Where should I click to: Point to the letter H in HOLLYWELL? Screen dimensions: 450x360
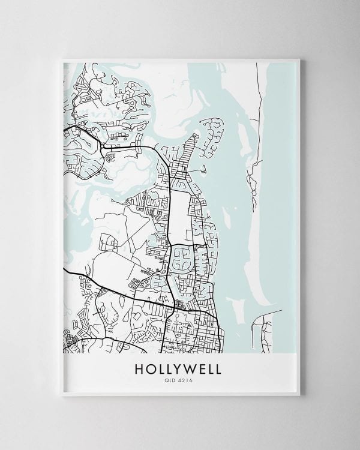tap(143, 368)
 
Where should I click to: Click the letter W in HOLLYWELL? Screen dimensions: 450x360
tap(185, 368)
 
